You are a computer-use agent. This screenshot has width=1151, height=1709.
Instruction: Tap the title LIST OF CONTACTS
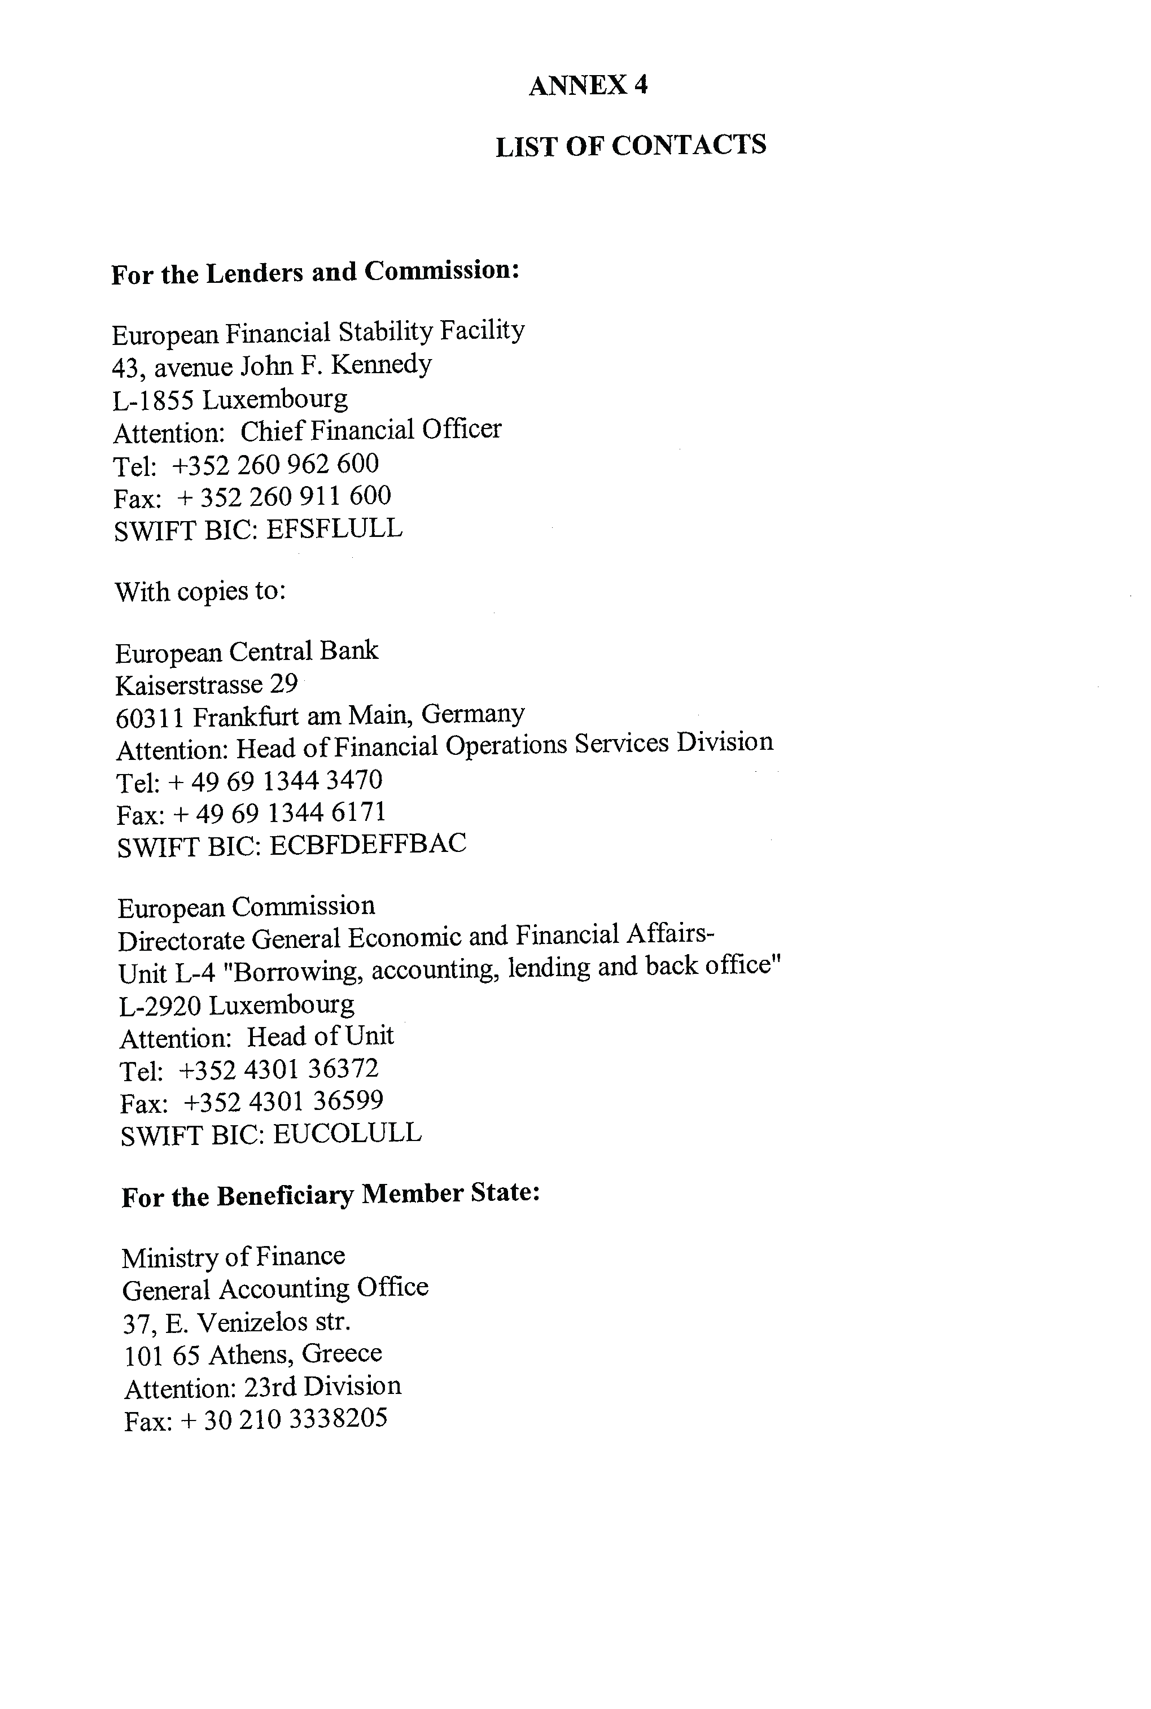(631, 145)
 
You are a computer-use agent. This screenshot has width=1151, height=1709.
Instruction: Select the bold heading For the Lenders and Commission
(316, 272)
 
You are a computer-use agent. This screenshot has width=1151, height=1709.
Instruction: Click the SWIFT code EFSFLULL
(334, 528)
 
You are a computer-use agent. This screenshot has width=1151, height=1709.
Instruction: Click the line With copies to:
(200, 591)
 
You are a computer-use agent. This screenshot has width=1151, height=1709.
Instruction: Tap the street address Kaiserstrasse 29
(206, 685)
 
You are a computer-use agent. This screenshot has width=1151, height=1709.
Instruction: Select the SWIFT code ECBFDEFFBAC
(367, 844)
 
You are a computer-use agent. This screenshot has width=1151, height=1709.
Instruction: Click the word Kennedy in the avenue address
(387, 364)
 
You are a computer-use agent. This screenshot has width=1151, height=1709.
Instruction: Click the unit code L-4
(195, 973)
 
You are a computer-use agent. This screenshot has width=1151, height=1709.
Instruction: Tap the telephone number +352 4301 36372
(278, 1069)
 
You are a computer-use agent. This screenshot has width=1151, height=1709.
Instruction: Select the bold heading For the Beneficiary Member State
(331, 1195)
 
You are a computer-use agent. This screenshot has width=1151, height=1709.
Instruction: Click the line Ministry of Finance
(234, 1257)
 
